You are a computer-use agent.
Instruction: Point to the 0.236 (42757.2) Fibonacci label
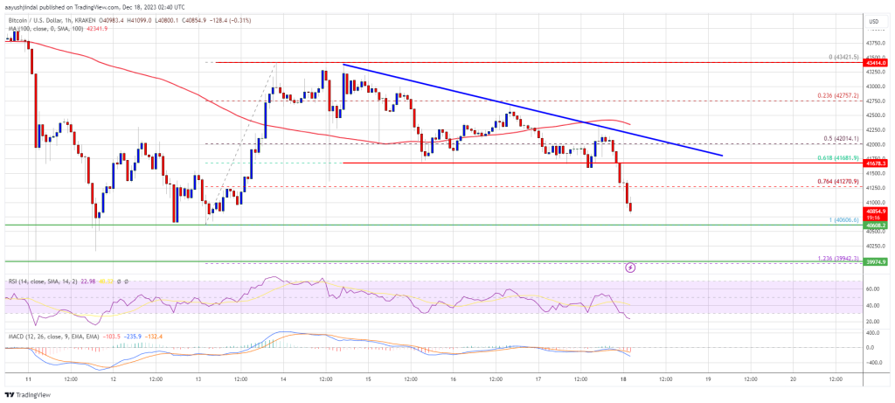pyautogui.click(x=837, y=96)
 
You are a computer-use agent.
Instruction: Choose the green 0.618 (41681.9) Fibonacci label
pyautogui.click(x=836, y=158)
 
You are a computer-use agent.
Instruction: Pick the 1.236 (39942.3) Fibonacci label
pyautogui.click(x=836, y=257)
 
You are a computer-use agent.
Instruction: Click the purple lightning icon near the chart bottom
pyautogui.click(x=630, y=268)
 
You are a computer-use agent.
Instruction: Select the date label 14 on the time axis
pyautogui.click(x=283, y=379)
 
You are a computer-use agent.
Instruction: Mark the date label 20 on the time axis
pyautogui.click(x=792, y=379)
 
